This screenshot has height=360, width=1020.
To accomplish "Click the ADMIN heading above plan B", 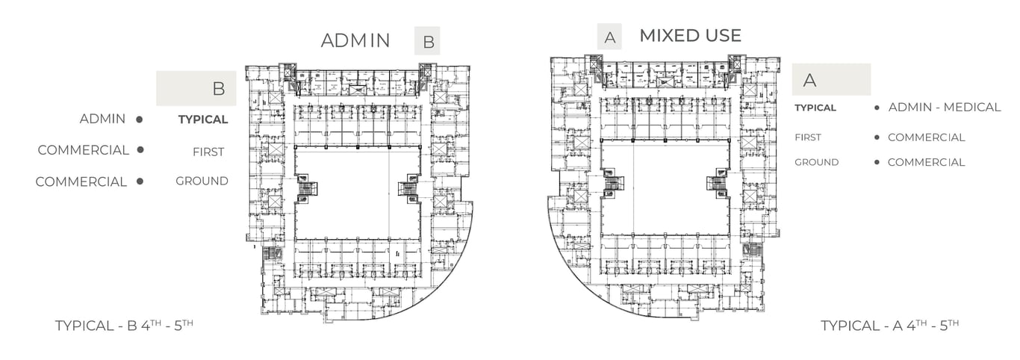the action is tap(355, 40).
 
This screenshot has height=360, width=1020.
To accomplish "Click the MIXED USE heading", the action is tap(690, 35).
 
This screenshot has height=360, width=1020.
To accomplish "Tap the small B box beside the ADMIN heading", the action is tap(428, 42).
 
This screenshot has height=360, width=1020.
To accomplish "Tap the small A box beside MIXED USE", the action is tap(609, 37).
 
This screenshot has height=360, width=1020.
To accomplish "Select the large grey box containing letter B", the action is tap(196, 88).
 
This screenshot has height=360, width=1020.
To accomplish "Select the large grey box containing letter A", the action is tap(831, 79).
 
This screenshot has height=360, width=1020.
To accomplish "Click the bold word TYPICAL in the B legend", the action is tap(203, 120).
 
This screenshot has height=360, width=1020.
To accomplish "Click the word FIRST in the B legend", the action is tap(208, 152).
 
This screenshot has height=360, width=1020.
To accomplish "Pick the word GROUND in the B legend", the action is tap(202, 181).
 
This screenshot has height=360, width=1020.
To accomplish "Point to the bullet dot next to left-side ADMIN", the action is tap(140, 119).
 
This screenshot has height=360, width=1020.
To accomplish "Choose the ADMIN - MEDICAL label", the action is tap(944, 108).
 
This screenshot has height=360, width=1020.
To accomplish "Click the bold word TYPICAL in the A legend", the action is tap(815, 108).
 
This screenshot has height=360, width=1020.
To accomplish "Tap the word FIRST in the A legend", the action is tap(807, 137).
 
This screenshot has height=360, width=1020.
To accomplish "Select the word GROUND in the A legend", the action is tap(816, 162).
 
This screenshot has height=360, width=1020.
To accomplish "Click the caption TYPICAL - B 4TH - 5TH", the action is tap(124, 326).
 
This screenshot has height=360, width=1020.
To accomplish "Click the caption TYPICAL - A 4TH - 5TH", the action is tap(889, 326).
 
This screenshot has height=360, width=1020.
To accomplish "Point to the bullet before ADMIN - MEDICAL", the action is tap(877, 108).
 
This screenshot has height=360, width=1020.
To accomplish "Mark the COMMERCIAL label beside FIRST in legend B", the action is tap(84, 150).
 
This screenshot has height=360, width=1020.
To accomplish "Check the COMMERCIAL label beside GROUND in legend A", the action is tap(926, 162).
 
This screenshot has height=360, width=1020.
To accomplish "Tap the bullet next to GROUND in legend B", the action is tap(140, 181).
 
